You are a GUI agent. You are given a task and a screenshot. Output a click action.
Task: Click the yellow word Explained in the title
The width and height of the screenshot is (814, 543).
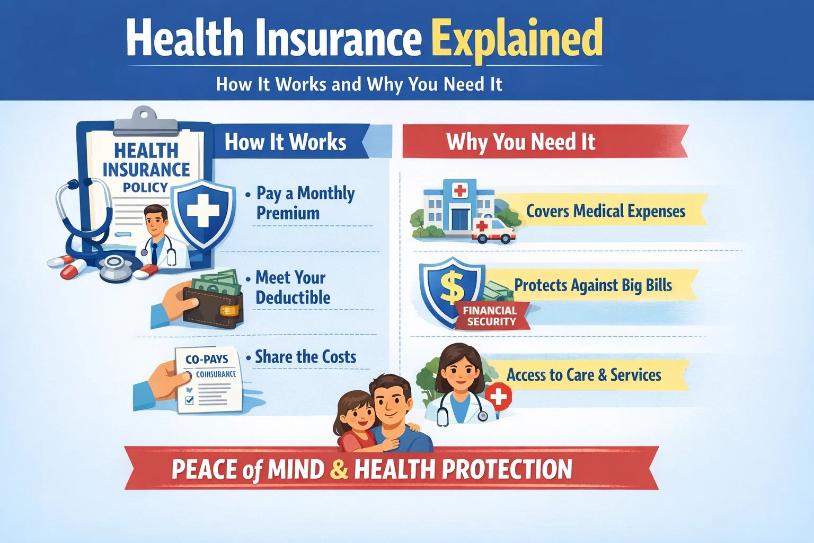(517, 38)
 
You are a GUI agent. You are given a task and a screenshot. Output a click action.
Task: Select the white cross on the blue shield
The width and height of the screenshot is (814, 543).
(202, 211)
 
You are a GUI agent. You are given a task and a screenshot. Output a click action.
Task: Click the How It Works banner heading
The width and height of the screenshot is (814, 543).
(285, 142)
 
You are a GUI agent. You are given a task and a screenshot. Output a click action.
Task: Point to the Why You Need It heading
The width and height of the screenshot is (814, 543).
(520, 142)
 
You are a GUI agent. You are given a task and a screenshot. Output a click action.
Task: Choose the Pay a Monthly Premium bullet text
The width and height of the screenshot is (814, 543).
(305, 203)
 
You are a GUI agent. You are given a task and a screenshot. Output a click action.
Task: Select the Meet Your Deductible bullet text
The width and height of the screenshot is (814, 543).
(293, 287)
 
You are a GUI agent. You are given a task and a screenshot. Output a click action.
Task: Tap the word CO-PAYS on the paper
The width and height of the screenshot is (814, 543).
(206, 360)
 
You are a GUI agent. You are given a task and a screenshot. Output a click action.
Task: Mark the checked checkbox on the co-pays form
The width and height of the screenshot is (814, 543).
(189, 400)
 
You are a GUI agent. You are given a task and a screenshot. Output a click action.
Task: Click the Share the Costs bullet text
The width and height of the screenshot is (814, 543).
(305, 357)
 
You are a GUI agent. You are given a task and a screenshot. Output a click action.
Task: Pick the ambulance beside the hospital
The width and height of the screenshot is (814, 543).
(493, 230)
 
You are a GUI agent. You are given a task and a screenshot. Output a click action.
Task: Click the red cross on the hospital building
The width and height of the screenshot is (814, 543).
(459, 190)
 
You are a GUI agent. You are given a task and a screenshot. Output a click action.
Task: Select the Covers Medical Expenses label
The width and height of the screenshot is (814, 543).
(605, 211)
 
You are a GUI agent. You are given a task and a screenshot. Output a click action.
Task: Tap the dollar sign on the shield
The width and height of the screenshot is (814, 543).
(452, 287)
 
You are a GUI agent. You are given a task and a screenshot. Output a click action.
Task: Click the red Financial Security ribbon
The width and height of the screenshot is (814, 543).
(490, 316)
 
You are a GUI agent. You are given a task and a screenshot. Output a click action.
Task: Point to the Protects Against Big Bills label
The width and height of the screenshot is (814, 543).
(592, 285)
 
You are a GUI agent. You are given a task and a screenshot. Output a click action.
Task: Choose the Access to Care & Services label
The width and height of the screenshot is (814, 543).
(583, 375)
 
